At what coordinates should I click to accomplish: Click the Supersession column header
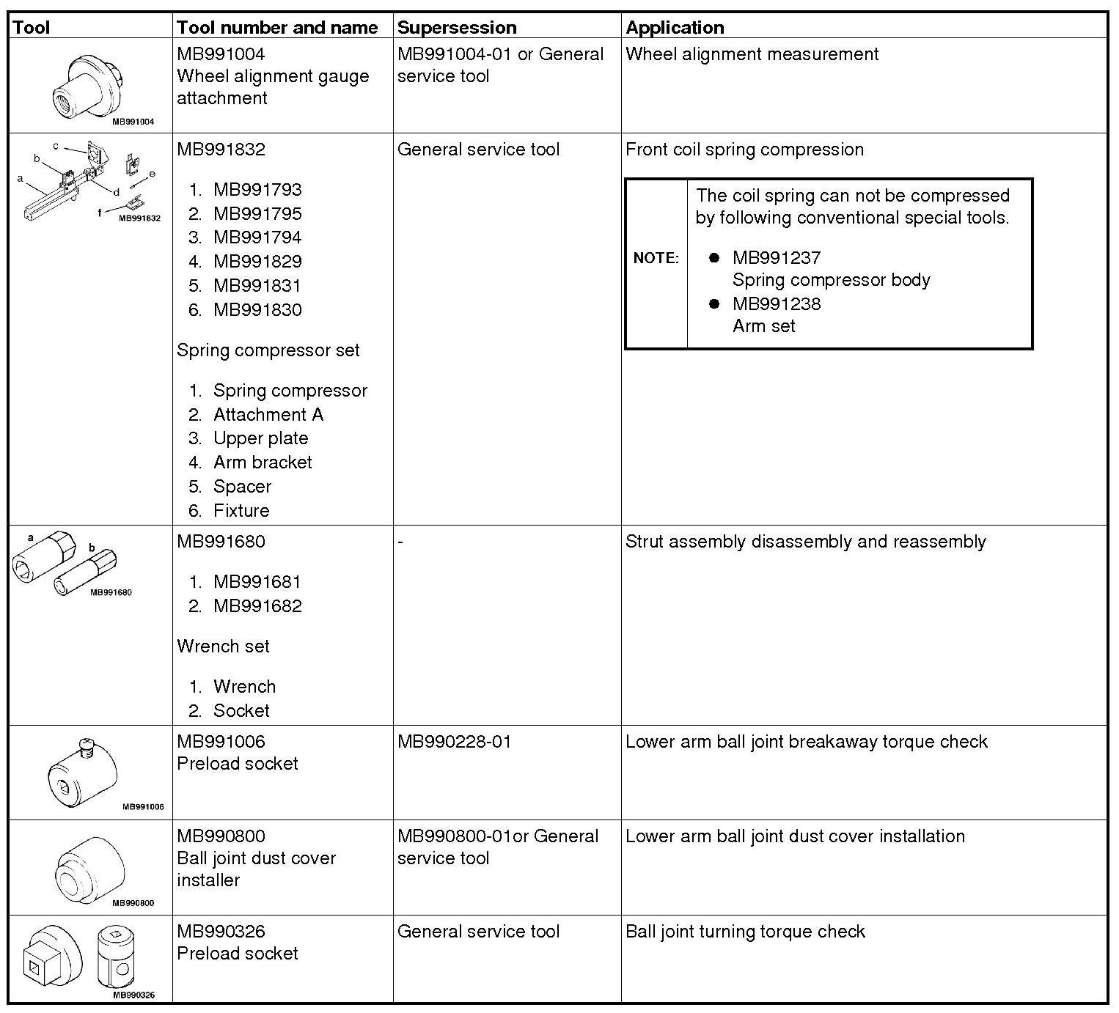(457, 28)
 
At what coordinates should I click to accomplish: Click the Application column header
(675, 28)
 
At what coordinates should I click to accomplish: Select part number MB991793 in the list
(257, 190)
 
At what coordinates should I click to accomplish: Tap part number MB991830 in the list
(257, 310)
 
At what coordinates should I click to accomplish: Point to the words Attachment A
(268, 415)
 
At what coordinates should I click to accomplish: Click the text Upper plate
(260, 438)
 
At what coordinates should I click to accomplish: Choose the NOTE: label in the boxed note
(656, 258)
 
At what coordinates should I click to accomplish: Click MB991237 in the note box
(777, 258)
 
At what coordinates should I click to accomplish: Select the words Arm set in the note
(763, 326)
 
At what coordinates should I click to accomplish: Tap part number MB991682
(257, 606)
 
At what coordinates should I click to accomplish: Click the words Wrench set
(223, 647)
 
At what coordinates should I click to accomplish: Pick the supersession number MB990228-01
(455, 742)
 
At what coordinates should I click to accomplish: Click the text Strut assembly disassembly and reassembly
(805, 542)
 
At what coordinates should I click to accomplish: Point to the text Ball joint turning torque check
(745, 932)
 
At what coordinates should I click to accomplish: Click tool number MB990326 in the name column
(221, 932)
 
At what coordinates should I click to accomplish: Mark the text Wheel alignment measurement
(752, 54)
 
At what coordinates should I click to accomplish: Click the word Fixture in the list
(241, 511)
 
